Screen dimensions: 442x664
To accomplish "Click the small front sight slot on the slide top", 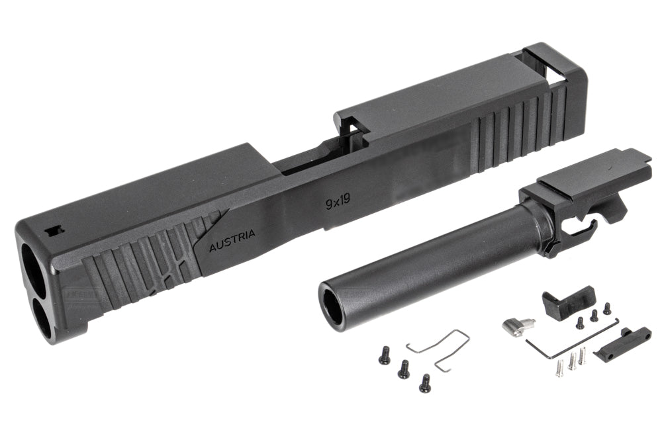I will coord(54,230).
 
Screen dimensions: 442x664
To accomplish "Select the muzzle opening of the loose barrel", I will coord(334,305).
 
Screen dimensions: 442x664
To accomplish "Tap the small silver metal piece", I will coord(518,325).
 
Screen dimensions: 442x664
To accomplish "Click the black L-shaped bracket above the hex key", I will coord(566,302).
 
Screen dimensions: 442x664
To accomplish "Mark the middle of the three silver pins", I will coord(571,360).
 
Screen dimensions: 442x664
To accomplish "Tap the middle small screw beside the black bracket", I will coord(594,316).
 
